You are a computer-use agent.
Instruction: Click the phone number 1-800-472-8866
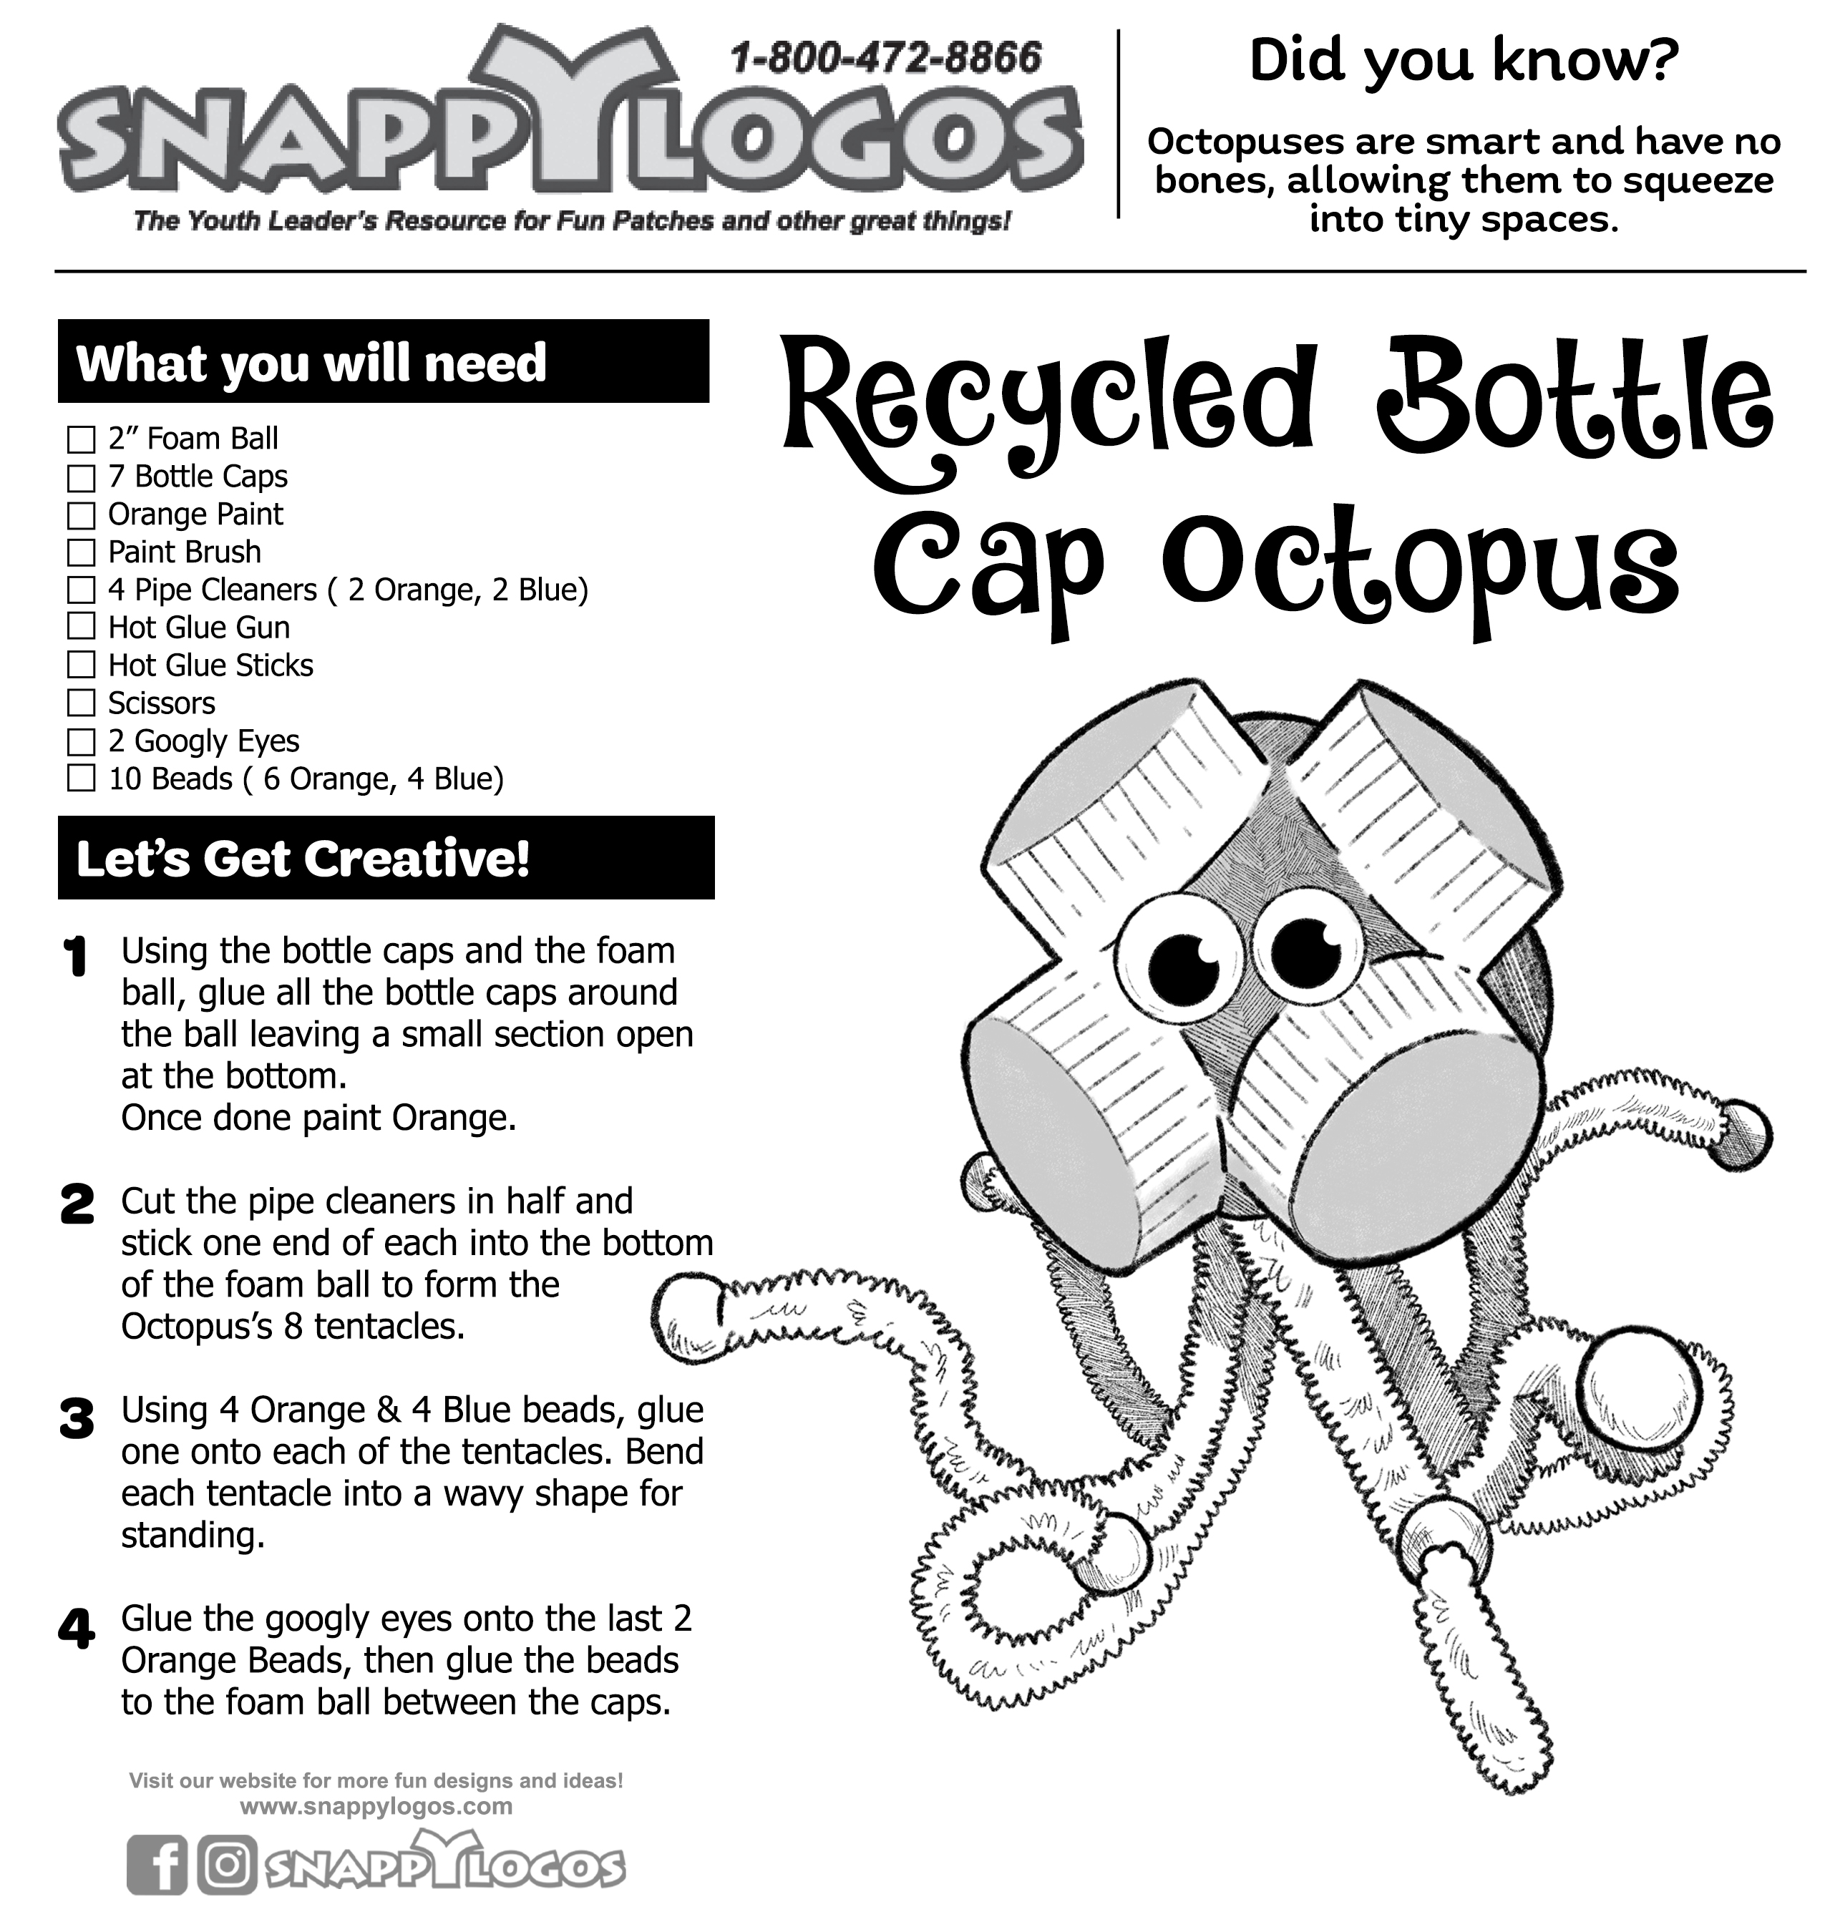pyautogui.click(x=885, y=59)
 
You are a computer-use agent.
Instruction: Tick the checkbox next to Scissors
pyautogui.click(x=81, y=703)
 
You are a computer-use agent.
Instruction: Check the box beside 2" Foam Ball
pyautogui.click(x=81, y=440)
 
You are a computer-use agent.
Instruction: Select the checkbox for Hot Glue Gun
pyautogui.click(x=81, y=628)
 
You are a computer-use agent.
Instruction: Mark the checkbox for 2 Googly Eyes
pyautogui.click(x=81, y=742)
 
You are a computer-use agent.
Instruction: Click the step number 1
pyautogui.click(x=75, y=958)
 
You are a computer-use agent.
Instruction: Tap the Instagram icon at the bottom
pyautogui.click(x=228, y=1863)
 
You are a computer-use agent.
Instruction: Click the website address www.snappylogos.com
pyautogui.click(x=376, y=1807)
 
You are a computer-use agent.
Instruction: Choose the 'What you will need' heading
pyautogui.click(x=311, y=363)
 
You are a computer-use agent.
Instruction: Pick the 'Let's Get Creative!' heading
pyautogui.click(x=303, y=859)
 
